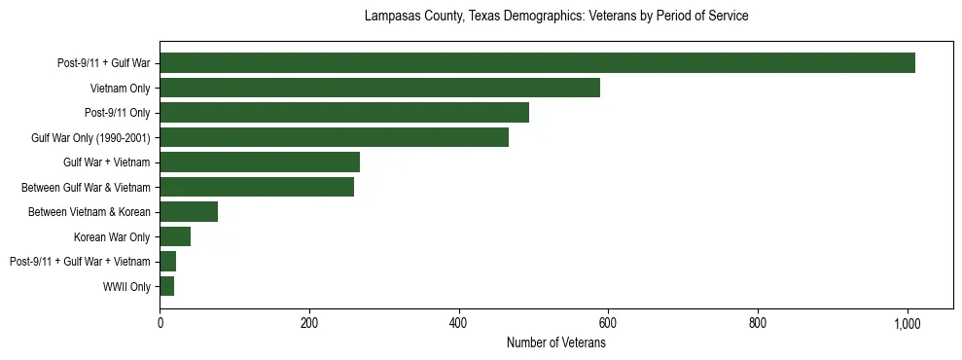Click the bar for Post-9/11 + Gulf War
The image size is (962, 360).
(x=537, y=63)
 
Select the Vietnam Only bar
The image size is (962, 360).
(x=379, y=89)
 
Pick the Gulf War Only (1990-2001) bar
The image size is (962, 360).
(x=334, y=137)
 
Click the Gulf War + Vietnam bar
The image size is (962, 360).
(x=260, y=162)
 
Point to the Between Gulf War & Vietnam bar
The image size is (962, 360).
(x=257, y=187)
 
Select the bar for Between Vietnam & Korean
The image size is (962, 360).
(x=189, y=212)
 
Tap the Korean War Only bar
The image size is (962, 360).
(x=175, y=236)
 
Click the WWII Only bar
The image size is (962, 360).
(x=167, y=286)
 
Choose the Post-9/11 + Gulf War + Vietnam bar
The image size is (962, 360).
(x=168, y=262)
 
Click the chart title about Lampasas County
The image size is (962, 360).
(x=555, y=17)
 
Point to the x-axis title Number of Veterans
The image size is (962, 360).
(x=555, y=343)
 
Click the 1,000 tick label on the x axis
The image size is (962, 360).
(x=908, y=323)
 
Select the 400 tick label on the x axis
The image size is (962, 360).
(x=459, y=323)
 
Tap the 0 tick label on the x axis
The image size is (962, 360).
(x=160, y=323)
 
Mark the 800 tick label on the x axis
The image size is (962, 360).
(x=758, y=323)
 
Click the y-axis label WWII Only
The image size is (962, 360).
(x=125, y=287)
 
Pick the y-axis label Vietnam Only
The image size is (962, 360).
(x=120, y=89)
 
